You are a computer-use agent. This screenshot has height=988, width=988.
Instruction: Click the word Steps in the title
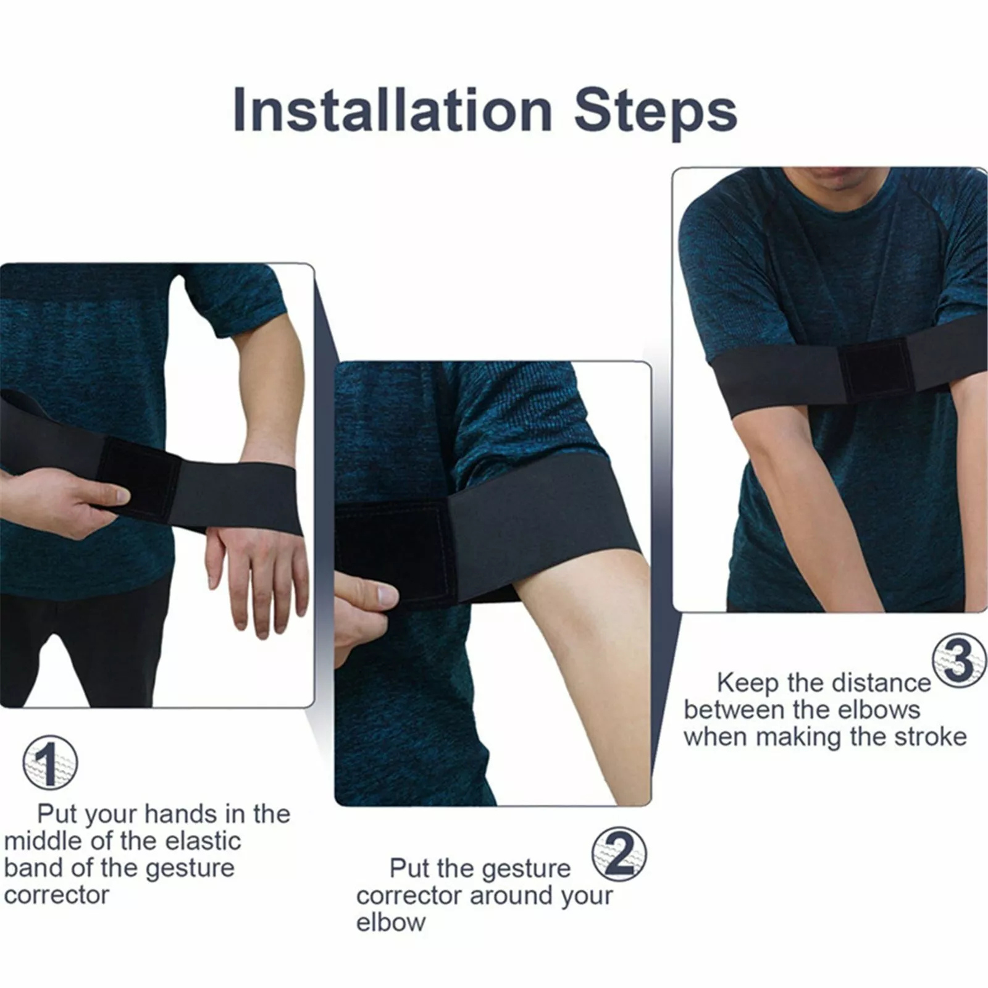click(655, 112)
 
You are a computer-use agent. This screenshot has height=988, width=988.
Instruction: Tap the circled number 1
click(50, 763)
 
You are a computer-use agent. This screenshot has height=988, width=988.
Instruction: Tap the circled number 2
click(619, 854)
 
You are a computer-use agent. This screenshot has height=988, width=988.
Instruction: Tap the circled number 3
click(959, 660)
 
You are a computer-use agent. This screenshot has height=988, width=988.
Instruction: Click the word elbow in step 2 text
click(390, 922)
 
